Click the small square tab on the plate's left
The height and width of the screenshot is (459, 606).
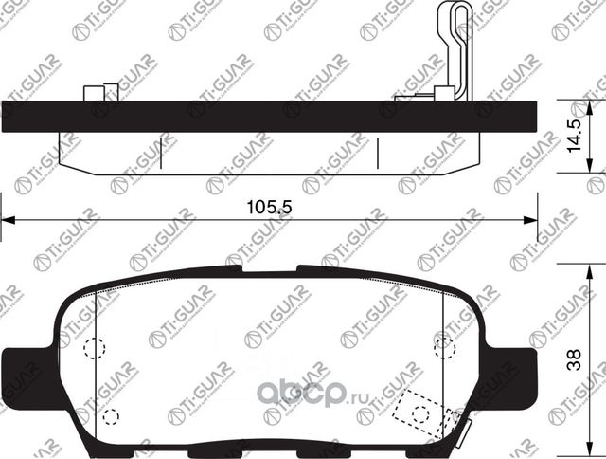pos(94,93)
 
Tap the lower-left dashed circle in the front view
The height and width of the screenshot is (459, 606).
pos(110,415)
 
